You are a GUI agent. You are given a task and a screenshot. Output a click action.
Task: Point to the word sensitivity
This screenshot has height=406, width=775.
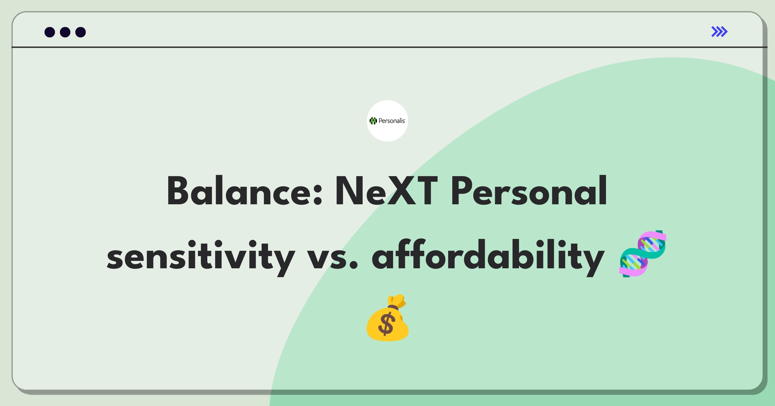point(201,258)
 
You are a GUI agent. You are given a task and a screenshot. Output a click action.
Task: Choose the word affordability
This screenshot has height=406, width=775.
point(488,258)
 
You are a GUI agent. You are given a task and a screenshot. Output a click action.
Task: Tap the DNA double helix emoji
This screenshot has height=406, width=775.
point(643,254)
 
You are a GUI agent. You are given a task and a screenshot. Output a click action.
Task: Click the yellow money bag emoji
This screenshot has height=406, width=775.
point(387,318)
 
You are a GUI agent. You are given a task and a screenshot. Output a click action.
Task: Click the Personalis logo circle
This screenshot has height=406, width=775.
point(387,121)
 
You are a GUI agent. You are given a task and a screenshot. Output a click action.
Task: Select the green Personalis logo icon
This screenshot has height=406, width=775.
point(373,121)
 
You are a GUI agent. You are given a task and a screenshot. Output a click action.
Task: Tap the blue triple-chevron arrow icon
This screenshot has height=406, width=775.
point(719,32)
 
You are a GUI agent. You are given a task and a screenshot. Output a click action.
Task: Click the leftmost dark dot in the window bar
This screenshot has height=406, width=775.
point(50,32)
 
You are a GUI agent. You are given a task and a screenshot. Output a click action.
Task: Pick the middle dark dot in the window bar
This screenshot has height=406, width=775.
point(65,32)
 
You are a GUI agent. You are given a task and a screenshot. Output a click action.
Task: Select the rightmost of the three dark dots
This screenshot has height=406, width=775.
point(81,32)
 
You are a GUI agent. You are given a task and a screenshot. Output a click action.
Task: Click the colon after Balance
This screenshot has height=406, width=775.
point(317,194)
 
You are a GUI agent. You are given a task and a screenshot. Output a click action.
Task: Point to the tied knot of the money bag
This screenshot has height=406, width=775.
point(393,307)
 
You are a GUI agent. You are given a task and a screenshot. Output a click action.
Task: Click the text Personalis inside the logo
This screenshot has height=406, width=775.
point(392,121)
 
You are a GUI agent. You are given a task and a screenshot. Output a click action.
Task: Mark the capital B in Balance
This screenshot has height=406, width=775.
point(177,191)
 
